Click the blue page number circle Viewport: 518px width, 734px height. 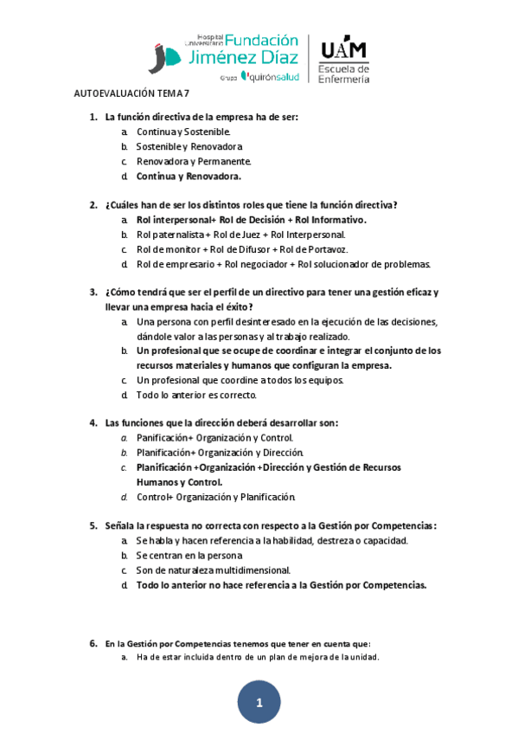pos(259,703)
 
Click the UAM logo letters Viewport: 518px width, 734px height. pos(343,49)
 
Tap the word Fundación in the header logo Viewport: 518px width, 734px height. pos(261,40)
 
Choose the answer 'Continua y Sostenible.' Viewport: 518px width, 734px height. pos(183,132)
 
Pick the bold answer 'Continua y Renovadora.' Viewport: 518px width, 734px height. pos(189,176)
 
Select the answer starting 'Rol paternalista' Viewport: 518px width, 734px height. pos(240,235)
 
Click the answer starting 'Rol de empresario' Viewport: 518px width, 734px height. pos(283,264)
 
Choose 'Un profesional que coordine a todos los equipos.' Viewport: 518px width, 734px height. pos(240,380)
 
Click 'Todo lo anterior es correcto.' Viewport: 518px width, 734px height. pos(196,395)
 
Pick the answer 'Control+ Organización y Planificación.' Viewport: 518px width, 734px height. pos(215,497)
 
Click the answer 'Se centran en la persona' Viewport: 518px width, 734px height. pos(189,555)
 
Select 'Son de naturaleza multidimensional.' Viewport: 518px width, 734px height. pos(213,570)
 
